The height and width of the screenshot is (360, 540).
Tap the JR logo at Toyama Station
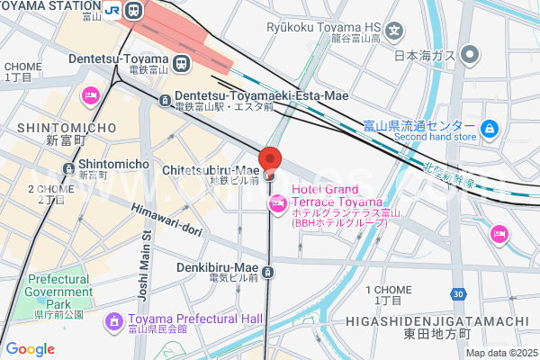pyautogui.click(x=112, y=11)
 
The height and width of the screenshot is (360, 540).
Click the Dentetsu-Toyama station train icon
pyautogui.click(x=182, y=63)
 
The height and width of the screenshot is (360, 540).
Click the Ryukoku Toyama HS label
pyautogui.click(x=324, y=27)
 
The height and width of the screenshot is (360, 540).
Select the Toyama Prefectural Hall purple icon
pyautogui.click(x=114, y=320)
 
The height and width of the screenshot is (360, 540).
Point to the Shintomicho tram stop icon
pyautogui.click(x=68, y=169)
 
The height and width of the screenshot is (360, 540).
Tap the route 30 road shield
pyautogui.click(x=459, y=293)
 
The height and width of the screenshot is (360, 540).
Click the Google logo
pyautogui.click(x=30, y=349)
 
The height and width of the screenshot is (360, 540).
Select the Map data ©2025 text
pyautogui.click(x=499, y=353)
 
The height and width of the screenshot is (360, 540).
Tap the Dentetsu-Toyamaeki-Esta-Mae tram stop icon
pyautogui.click(x=165, y=101)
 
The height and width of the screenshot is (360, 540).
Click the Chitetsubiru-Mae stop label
pyautogui.click(x=211, y=170)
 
